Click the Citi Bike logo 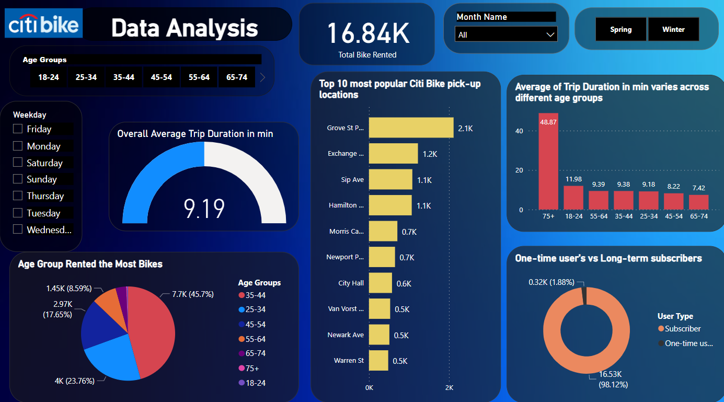(43, 24)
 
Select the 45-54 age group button (162, 77)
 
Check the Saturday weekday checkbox (18, 163)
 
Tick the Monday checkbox (18, 146)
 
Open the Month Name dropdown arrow (550, 35)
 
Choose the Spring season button (621, 29)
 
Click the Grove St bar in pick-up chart (411, 128)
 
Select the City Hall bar (380, 283)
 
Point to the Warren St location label (349, 361)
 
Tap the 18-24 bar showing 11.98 (573, 198)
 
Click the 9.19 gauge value (204, 208)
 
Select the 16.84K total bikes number (367, 33)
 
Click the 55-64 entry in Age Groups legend (253, 339)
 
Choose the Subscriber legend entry (683, 329)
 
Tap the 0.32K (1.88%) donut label (551, 282)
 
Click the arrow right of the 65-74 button (262, 77)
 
